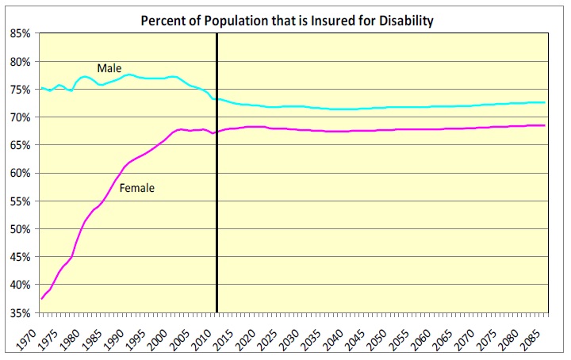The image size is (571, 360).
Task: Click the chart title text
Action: [x=287, y=21]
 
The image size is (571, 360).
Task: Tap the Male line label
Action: [x=109, y=69]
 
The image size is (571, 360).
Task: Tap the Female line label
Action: [x=136, y=188]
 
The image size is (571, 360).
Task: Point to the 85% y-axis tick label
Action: [x=21, y=33]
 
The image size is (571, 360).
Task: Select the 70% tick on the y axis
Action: [x=21, y=117]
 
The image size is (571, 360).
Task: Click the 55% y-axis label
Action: [x=21, y=201]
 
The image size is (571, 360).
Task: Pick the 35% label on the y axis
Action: [x=21, y=313]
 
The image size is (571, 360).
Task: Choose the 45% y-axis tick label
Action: [x=21, y=257]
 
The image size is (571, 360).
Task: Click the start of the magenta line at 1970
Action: [x=40, y=298]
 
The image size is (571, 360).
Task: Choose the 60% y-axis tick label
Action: [x=21, y=173]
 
